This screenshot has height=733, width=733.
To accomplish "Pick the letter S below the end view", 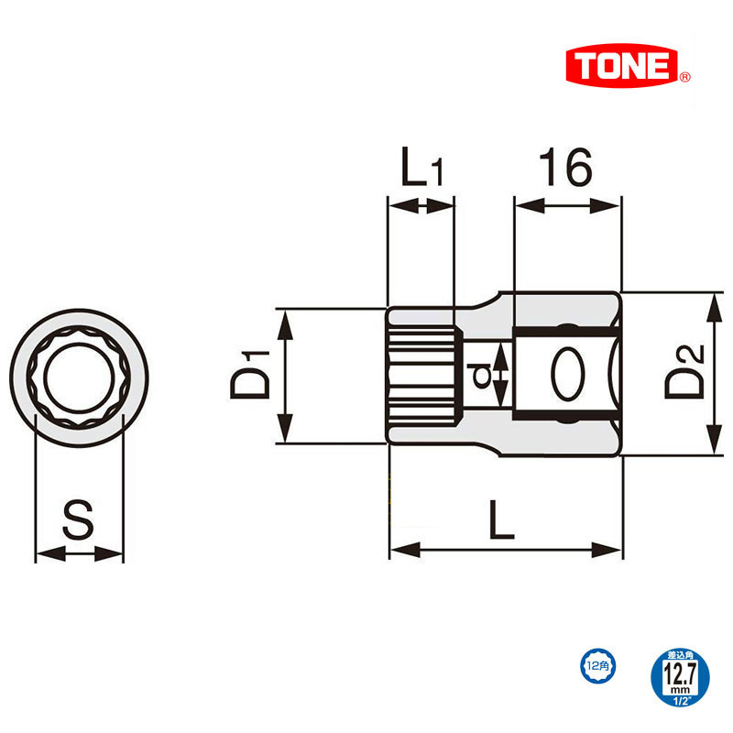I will pos(79,520).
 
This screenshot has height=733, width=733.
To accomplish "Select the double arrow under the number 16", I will pos(568,206).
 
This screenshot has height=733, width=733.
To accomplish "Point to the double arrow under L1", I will pos(421,206).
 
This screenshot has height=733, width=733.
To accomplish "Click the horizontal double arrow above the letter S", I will pos(79,553).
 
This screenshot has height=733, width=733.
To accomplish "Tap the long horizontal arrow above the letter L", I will pos(506,551).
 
